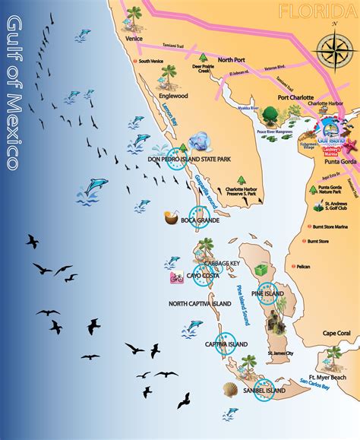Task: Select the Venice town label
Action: click(x=134, y=37)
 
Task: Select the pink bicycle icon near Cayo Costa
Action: click(x=176, y=278)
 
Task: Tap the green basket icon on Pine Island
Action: click(x=261, y=271)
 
